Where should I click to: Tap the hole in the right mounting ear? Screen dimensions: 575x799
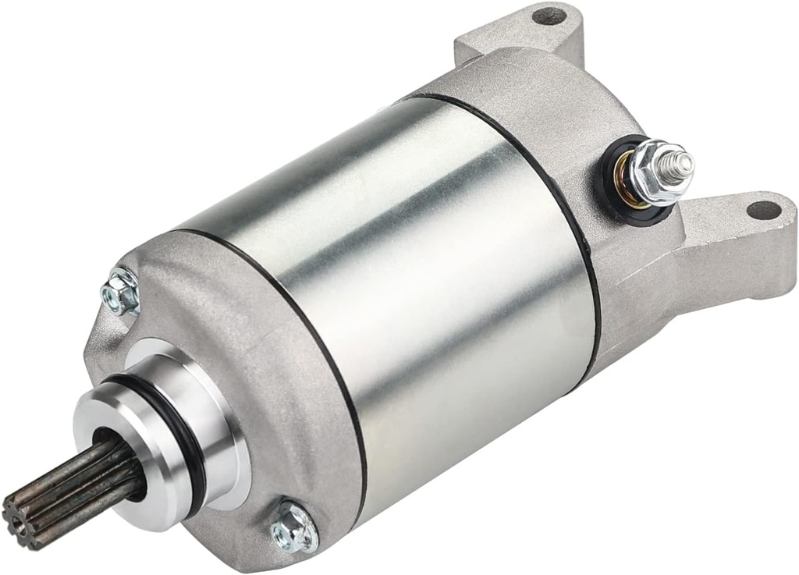[762, 210]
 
